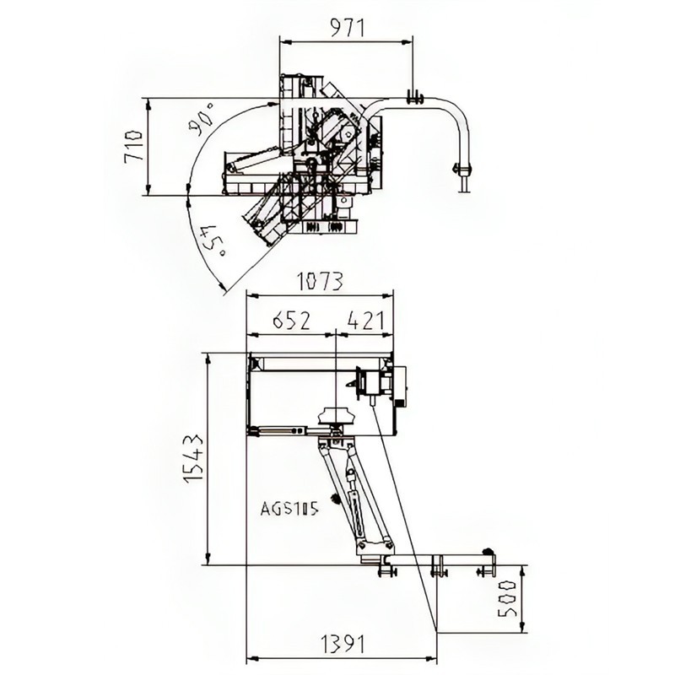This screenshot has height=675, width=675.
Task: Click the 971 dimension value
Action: tap(347, 28)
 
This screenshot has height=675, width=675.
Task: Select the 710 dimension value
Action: tap(133, 146)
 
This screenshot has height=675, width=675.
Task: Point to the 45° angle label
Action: tap(213, 240)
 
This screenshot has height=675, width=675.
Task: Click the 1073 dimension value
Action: tap(321, 282)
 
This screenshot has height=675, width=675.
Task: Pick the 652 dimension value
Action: tap(291, 321)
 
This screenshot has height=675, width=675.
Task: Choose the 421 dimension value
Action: tap(365, 321)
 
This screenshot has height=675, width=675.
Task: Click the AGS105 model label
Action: tap(289, 510)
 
